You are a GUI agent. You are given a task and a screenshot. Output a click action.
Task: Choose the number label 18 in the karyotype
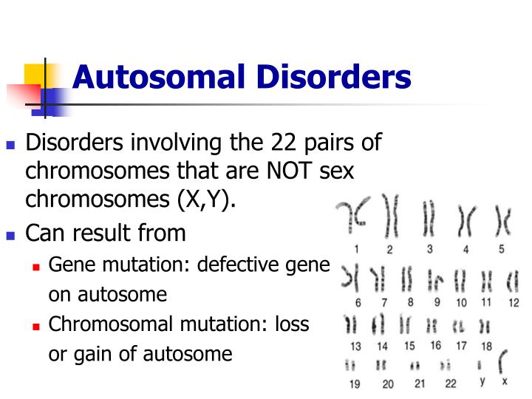(x=485, y=345)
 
